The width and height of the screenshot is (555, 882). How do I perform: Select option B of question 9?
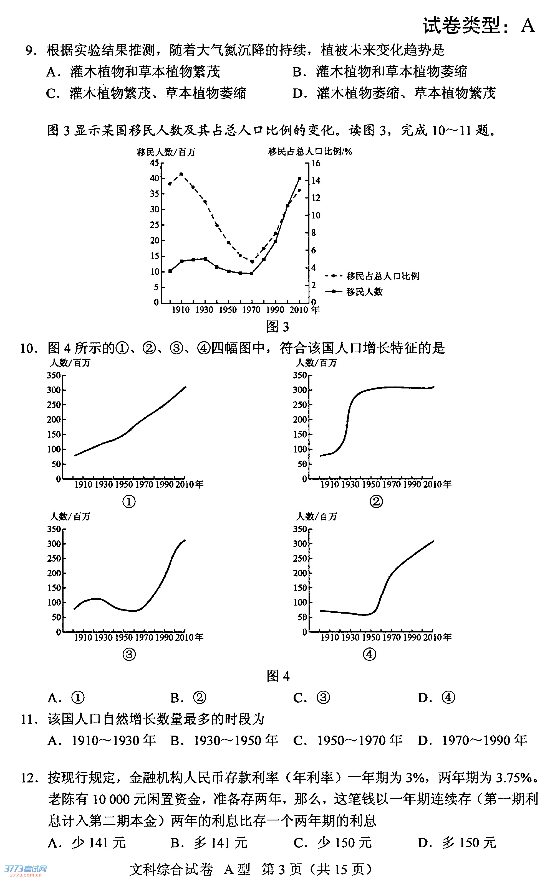pyautogui.click(x=379, y=72)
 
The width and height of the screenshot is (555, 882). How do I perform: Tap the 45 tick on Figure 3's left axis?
pyautogui.click(x=154, y=163)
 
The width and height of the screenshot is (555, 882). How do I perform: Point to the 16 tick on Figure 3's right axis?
pyautogui.click(x=316, y=163)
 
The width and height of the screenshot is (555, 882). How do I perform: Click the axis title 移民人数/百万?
pyautogui.click(x=166, y=152)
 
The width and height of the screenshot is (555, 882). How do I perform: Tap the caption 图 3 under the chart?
pyautogui.click(x=277, y=326)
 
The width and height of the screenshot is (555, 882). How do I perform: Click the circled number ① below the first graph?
pyautogui.click(x=129, y=501)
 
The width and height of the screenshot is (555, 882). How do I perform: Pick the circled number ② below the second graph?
pyautogui.click(x=376, y=501)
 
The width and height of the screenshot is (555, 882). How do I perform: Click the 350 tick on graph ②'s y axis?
pyautogui.click(x=299, y=375)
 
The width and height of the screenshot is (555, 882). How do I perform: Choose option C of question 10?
pyautogui.click(x=311, y=698)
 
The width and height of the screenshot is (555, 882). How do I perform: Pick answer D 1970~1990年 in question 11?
pyautogui.click(x=472, y=741)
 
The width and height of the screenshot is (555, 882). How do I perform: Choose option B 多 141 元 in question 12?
pyautogui.click(x=209, y=842)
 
